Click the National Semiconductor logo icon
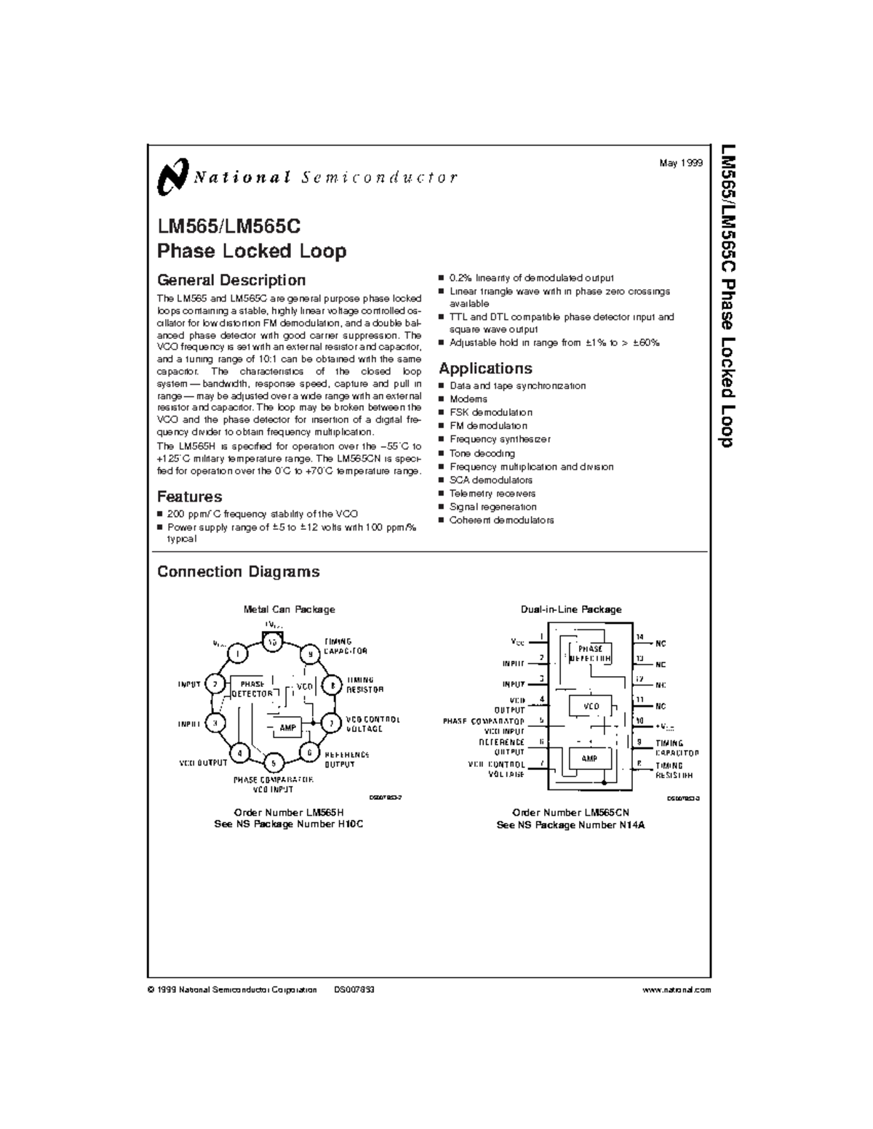(x=172, y=176)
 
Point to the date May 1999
(x=681, y=164)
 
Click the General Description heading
(x=231, y=280)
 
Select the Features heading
(x=190, y=497)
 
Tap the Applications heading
(x=485, y=368)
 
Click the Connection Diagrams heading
(x=238, y=571)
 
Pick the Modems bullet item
(x=469, y=399)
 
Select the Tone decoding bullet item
(x=482, y=453)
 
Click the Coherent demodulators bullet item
(x=501, y=520)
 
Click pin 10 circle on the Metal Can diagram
(x=273, y=643)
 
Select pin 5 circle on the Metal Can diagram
(x=274, y=763)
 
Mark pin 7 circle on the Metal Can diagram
(x=332, y=723)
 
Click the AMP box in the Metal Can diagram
(x=289, y=727)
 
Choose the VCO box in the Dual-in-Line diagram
(x=591, y=706)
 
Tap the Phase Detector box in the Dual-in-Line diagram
(x=591, y=653)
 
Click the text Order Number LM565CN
(x=570, y=812)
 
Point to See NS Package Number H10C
(x=288, y=824)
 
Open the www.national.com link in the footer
(x=677, y=989)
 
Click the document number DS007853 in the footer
(x=354, y=989)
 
